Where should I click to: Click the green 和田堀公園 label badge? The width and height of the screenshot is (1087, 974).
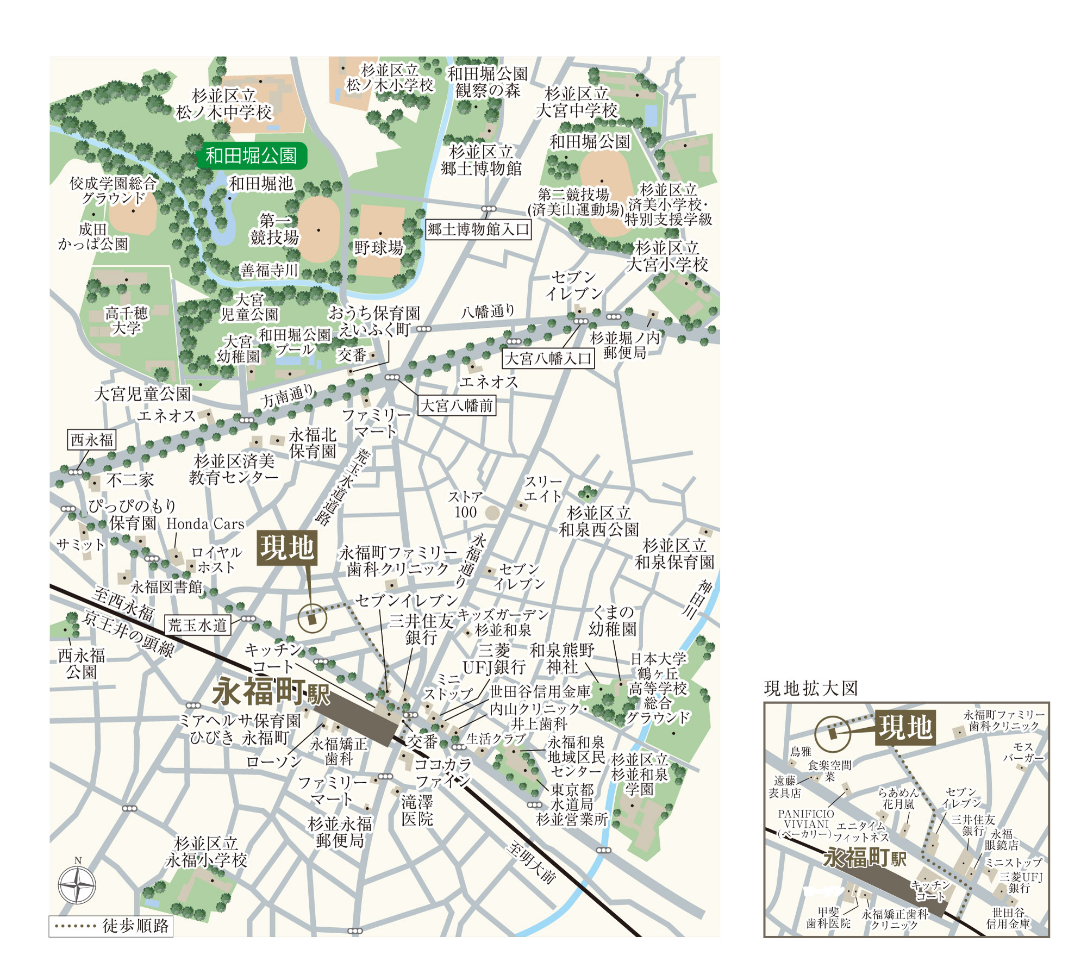coord(252,157)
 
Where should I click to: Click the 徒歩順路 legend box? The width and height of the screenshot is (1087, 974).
coord(111,926)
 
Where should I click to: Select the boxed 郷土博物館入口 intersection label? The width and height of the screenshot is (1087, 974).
coord(478,229)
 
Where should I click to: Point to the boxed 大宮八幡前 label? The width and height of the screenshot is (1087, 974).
coord(457,405)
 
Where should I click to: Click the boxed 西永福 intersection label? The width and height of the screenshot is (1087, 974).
coord(92,440)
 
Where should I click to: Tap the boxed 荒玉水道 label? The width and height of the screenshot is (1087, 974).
coord(197,625)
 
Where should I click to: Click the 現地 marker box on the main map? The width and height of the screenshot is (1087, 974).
coord(287,548)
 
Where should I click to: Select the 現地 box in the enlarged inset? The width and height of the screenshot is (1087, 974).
coord(905,727)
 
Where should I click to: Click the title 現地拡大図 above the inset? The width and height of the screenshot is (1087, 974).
coord(811,689)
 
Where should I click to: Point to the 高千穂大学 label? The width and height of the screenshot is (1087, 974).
coord(126,321)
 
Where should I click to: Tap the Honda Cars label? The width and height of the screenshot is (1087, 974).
coord(205,524)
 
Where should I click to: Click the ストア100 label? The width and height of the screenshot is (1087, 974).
coord(466,504)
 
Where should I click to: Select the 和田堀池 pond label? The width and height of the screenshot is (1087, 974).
coord(261,184)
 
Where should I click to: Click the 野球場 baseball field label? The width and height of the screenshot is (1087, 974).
coord(379,248)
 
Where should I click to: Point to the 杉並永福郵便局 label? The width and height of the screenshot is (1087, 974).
coord(340,832)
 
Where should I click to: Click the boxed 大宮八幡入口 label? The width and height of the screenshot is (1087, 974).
coord(548,359)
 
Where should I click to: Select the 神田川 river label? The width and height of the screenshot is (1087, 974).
coord(697,598)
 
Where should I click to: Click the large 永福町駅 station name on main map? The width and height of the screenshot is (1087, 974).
coord(270,692)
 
